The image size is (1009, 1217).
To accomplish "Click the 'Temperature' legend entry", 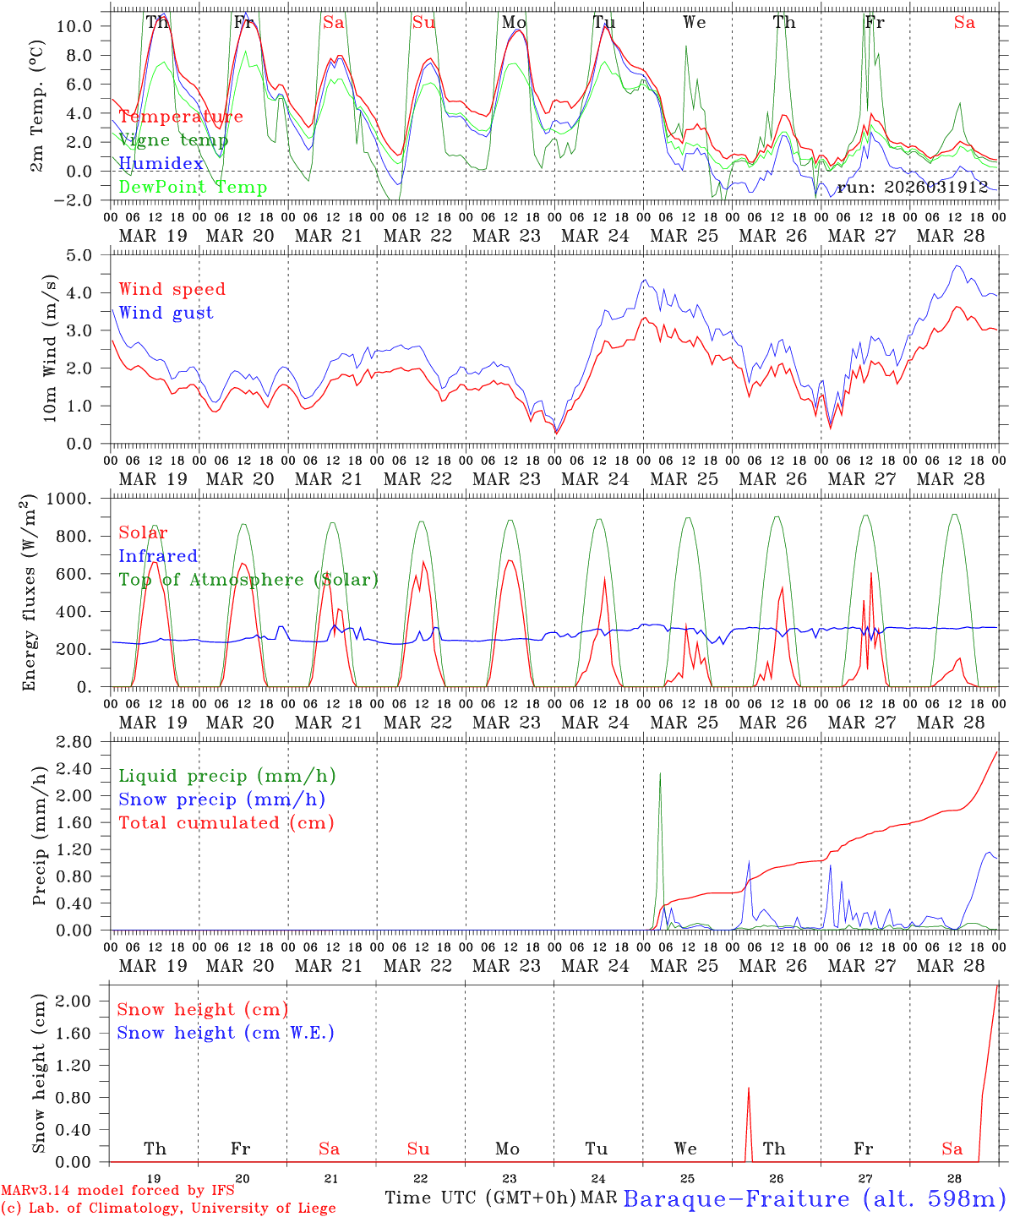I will [x=180, y=117].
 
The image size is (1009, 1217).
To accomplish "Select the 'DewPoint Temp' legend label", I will [x=193, y=188].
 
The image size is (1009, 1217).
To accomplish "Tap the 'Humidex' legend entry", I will [x=161, y=164].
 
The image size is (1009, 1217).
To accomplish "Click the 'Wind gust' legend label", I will [x=166, y=313].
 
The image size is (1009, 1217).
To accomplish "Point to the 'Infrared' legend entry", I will [x=158, y=556].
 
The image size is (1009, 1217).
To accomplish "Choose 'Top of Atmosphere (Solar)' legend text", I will [x=248, y=580].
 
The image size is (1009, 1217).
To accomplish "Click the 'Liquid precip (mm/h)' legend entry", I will [x=226, y=776].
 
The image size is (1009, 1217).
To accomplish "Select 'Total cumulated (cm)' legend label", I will [x=226, y=822].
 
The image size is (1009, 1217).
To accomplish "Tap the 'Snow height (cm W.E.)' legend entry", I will [x=225, y=1033].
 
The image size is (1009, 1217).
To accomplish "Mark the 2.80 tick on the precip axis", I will [x=80, y=742].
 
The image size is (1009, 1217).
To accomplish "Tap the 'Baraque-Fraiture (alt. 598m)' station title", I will [x=814, y=1199].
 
